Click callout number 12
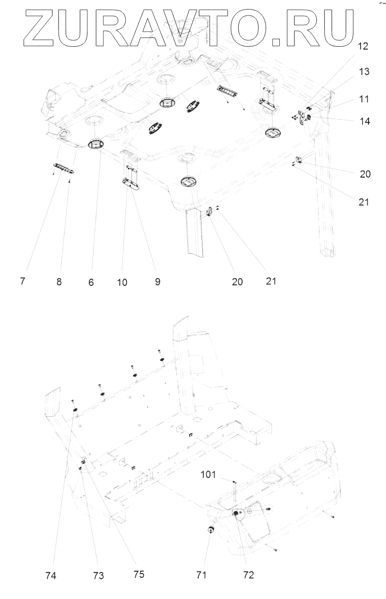[x=362, y=47]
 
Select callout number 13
[x=364, y=72]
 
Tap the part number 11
[x=364, y=99]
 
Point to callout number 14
[x=364, y=120]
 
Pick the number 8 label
[x=59, y=282]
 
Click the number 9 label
[x=157, y=282]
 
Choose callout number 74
[x=50, y=576]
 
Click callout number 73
[x=99, y=576]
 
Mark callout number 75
[x=138, y=575]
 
